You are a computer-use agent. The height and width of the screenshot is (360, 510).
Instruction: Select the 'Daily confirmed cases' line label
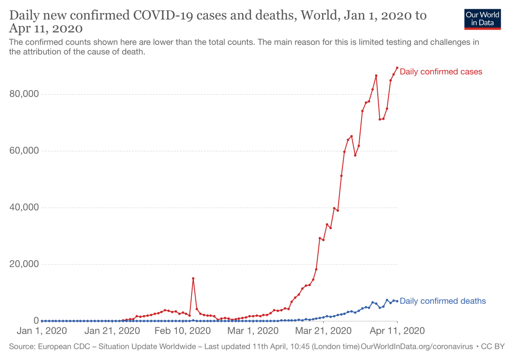(441, 72)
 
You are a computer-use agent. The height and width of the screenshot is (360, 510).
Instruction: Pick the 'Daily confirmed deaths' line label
(443, 301)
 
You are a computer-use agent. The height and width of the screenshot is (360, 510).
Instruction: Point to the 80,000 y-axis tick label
(23, 94)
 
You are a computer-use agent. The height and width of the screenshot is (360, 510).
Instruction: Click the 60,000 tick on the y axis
(23, 151)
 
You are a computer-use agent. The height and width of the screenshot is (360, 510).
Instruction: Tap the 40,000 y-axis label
(23, 207)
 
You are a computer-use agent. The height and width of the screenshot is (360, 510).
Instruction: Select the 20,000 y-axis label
(23, 264)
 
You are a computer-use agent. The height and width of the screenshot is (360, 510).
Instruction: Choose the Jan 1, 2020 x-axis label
(42, 331)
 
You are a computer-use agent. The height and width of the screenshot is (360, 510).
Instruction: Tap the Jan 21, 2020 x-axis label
(113, 331)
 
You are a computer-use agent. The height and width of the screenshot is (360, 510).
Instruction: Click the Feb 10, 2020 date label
(182, 331)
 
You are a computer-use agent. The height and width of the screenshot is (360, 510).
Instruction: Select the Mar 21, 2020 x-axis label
(323, 331)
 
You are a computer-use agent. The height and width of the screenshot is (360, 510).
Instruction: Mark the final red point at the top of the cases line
(397, 68)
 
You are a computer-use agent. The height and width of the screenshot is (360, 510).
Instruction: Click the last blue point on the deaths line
(397, 301)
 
